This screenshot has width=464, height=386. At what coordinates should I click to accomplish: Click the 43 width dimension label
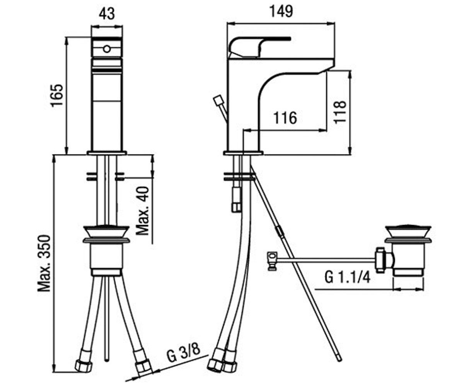point(107,14)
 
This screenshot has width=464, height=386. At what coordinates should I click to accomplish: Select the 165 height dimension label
point(57,96)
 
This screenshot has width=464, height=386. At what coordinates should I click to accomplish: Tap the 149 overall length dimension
point(281,12)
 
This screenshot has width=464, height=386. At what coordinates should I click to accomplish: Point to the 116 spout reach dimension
point(285,118)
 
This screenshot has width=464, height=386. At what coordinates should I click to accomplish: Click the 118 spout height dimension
point(340,112)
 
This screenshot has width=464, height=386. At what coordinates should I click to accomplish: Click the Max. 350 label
point(44,263)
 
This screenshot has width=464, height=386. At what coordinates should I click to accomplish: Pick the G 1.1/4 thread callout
point(347,277)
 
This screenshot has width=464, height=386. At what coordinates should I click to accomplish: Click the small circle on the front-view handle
point(107,49)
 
